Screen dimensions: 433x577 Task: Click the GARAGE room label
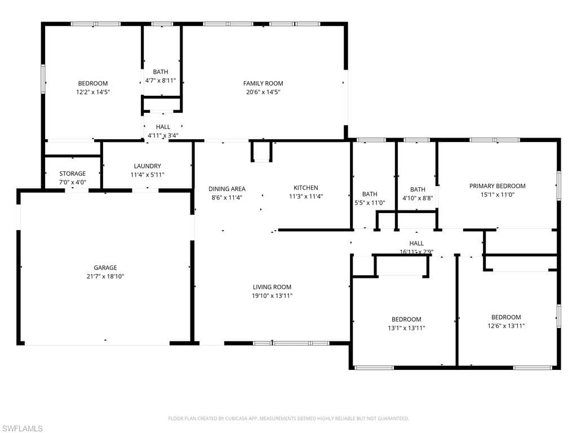[105, 268]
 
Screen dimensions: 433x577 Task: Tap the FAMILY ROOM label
[263, 83]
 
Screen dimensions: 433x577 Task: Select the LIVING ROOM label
[272, 287]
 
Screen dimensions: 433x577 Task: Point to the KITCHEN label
[305, 188]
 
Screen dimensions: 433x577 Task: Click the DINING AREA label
[227, 189]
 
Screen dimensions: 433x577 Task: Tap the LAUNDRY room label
[148, 166]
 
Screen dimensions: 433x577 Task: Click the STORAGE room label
[73, 174]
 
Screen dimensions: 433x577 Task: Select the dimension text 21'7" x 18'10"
[105, 276]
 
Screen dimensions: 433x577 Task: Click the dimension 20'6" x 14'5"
[263, 92]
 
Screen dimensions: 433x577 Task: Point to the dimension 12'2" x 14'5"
[93, 92]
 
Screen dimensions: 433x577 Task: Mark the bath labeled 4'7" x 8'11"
[161, 76]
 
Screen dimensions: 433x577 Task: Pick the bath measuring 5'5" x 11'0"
[370, 198]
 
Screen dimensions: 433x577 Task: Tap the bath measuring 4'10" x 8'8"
[418, 194]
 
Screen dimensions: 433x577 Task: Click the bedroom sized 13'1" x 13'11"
[406, 323]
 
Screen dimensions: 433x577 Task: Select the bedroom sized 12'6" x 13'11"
[506, 321]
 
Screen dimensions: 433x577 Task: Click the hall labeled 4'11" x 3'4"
[163, 131]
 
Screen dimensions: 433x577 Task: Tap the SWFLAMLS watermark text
[23, 428]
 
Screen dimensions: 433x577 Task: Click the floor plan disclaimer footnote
[288, 418]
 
